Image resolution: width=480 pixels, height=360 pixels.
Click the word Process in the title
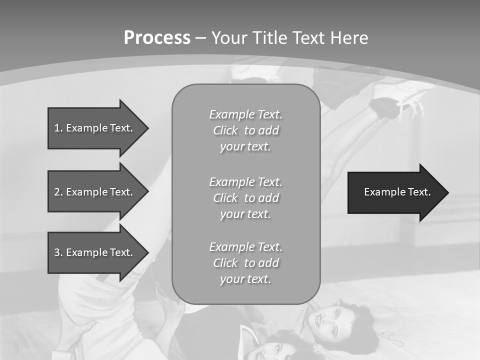point(157,38)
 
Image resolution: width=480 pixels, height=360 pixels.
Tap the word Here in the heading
point(350,38)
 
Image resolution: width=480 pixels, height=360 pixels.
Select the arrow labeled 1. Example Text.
point(95,128)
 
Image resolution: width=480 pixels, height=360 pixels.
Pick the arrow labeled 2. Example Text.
point(95,192)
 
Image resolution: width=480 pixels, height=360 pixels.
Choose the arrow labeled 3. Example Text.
point(95,252)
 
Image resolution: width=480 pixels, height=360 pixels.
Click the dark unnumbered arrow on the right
point(395,192)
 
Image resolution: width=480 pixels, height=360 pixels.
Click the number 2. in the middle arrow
point(58,192)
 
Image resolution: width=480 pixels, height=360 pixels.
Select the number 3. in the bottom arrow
point(58,252)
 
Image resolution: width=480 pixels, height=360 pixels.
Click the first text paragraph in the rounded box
point(245,130)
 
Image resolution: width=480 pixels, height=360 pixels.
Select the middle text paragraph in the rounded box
point(245,198)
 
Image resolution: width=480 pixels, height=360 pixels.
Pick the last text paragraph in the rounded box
point(245,263)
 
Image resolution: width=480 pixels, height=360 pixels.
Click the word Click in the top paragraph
point(225,131)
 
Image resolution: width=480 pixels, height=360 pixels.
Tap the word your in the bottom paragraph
point(232,279)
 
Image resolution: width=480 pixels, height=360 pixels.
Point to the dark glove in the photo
point(384,107)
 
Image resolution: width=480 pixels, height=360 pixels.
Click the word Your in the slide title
point(229,38)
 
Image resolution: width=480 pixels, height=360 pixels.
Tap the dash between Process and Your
point(200,38)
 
